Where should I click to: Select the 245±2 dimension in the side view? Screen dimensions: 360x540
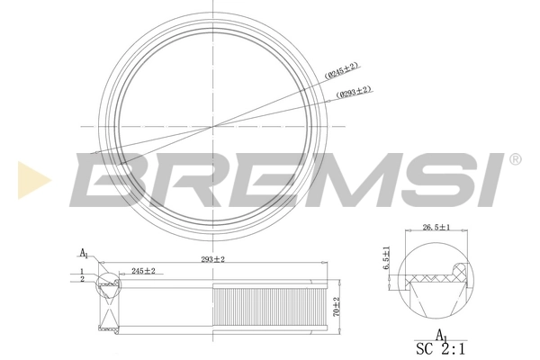click(x=143, y=271)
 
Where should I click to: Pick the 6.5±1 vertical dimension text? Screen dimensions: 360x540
click(x=387, y=259)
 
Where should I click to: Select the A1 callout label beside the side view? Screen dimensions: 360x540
click(x=84, y=253)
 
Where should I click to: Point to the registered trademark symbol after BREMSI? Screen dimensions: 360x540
click(x=515, y=159)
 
